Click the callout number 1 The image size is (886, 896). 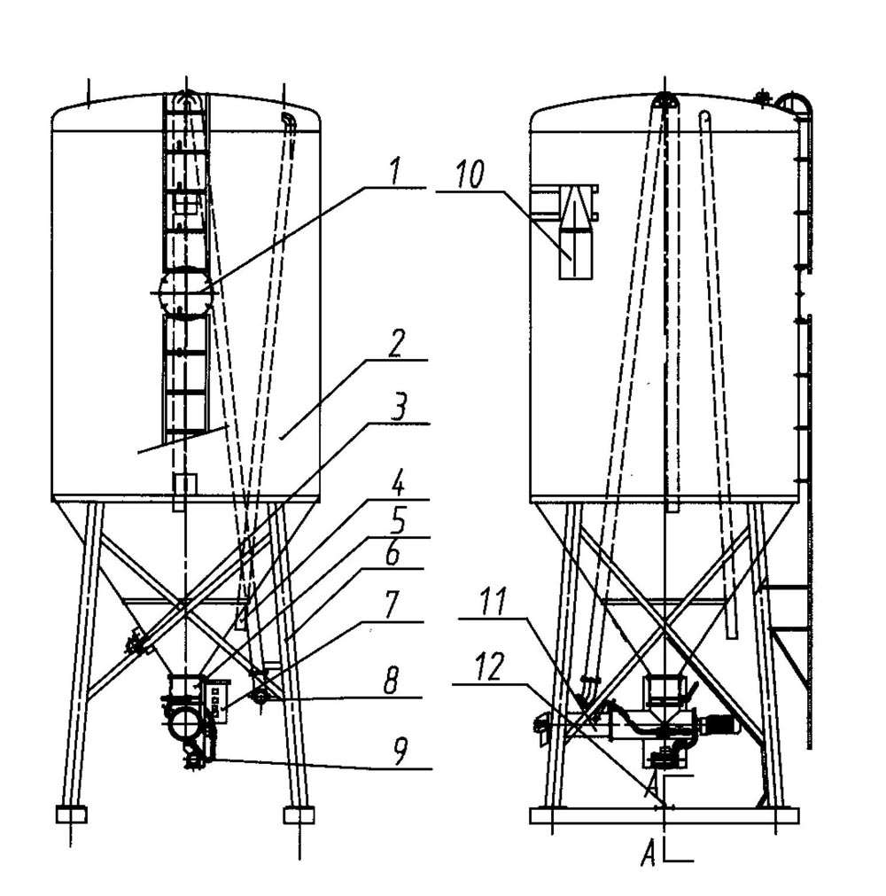pos(396,172)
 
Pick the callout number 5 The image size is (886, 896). pos(397,521)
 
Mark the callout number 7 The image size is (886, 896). pos(392,605)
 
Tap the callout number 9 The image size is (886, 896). pos(400,751)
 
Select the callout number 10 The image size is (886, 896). pos(470,174)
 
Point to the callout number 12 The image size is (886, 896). pos(491,666)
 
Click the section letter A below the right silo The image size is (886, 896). pos(649,855)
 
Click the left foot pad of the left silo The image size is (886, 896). pos(71,814)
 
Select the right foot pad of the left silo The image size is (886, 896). pos(299,814)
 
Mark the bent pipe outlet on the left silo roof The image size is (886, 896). pos(288,123)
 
